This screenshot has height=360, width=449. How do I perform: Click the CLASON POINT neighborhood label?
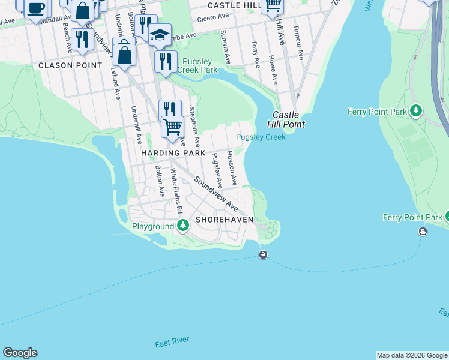click(x=64, y=65)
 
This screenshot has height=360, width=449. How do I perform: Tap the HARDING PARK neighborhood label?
click(x=169, y=153)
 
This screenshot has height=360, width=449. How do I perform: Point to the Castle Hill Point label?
click(x=289, y=119)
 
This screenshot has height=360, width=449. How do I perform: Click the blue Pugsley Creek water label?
click(x=261, y=137)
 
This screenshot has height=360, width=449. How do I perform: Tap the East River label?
click(x=172, y=343)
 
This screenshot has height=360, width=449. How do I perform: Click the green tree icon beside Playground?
click(x=184, y=226)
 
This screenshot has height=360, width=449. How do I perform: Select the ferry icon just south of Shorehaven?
click(x=263, y=256)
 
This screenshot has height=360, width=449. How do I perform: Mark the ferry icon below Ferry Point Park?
click(x=423, y=232)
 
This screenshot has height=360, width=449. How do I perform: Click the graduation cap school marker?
click(x=160, y=34)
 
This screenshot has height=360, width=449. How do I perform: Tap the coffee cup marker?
click(x=35, y=8)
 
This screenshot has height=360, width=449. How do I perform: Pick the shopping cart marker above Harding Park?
click(x=173, y=127)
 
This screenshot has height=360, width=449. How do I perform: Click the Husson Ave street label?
click(x=232, y=168)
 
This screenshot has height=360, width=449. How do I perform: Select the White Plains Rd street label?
click(x=176, y=191)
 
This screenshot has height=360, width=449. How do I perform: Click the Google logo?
click(x=20, y=353)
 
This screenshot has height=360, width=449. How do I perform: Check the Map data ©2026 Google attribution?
click(x=412, y=355)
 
